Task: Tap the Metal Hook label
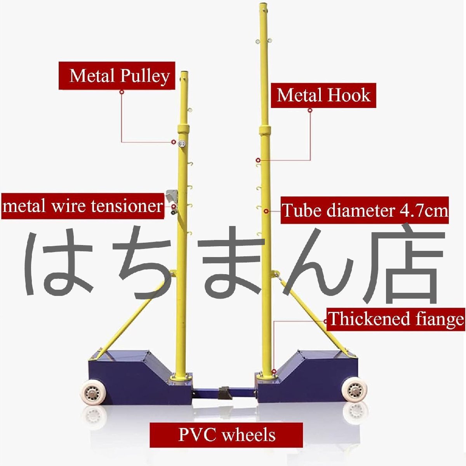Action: coord(323,96)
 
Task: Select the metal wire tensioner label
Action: coord(83,206)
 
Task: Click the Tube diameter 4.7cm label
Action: coord(364,210)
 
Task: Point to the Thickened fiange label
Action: coord(396,319)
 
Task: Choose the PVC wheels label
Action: coord(226,435)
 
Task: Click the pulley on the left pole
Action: coord(182,143)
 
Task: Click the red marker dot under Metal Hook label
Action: coord(310,110)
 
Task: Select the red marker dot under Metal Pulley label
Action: coord(122,92)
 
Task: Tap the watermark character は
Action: coord(58,264)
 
